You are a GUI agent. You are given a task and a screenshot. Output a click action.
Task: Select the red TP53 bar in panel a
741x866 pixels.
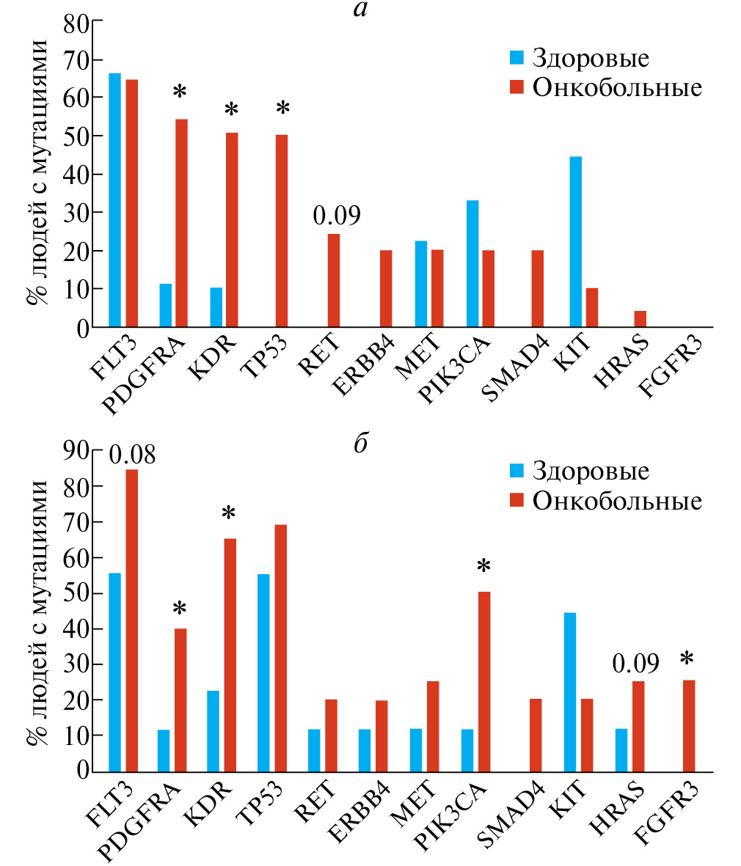click(282, 230)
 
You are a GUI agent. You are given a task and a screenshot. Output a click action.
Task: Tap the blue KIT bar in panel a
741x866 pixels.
click(575, 241)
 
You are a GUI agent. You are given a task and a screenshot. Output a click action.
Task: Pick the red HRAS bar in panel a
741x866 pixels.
click(640, 319)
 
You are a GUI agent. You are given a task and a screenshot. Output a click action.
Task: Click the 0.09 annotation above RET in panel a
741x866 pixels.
click(337, 217)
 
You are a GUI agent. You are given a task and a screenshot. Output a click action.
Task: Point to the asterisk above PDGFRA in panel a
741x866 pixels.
click(180, 93)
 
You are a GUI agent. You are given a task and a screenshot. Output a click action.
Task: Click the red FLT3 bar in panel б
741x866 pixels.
click(131, 620)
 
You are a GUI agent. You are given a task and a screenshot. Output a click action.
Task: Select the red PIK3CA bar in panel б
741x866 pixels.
click(484, 681)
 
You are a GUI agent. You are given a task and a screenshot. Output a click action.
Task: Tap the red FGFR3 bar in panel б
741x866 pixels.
click(688, 725)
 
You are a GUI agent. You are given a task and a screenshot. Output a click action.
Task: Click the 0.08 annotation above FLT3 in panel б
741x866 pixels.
click(133, 455)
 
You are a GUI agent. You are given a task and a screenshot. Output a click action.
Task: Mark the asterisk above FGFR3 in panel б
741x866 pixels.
click(687, 660)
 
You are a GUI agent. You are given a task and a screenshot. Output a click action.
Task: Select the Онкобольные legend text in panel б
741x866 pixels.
click(617, 501)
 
